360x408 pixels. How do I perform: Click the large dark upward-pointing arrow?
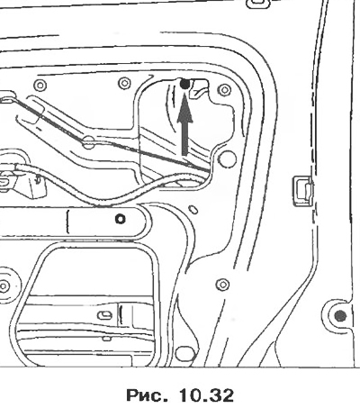click(x=184, y=126)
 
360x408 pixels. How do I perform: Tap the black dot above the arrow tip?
click(x=185, y=85)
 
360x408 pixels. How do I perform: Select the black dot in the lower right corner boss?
click(x=340, y=315)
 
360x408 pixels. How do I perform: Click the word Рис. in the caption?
click(x=147, y=395)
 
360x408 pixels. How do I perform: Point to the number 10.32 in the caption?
click(x=206, y=395)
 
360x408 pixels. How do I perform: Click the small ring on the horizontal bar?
click(x=121, y=219)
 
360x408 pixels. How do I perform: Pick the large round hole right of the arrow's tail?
click(x=227, y=159)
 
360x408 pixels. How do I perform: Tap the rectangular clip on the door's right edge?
click(x=303, y=191)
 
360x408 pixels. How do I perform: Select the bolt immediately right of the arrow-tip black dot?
click(x=225, y=89)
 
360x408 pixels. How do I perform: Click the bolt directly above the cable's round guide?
click(x=124, y=83)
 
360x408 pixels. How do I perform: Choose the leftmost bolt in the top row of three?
click(x=40, y=86)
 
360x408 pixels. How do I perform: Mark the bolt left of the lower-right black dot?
click(x=222, y=284)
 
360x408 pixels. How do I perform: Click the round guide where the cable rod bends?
click(x=88, y=142)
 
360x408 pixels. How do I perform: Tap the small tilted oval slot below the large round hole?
click(x=193, y=209)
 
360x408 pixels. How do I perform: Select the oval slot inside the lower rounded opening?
click(x=105, y=315)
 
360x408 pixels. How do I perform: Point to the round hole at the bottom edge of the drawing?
click(x=183, y=354)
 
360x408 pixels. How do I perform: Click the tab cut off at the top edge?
click(x=258, y=3)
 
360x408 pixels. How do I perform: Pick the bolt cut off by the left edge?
click(x=4, y=286)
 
